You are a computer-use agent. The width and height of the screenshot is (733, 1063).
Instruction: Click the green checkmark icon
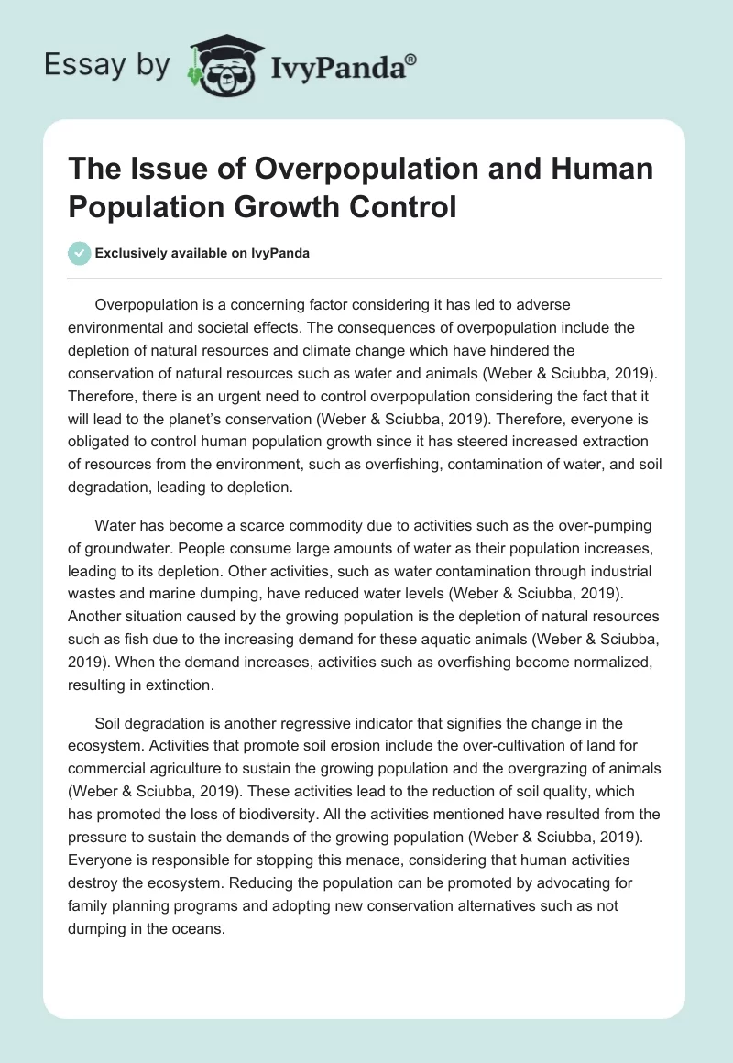[x=80, y=254]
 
